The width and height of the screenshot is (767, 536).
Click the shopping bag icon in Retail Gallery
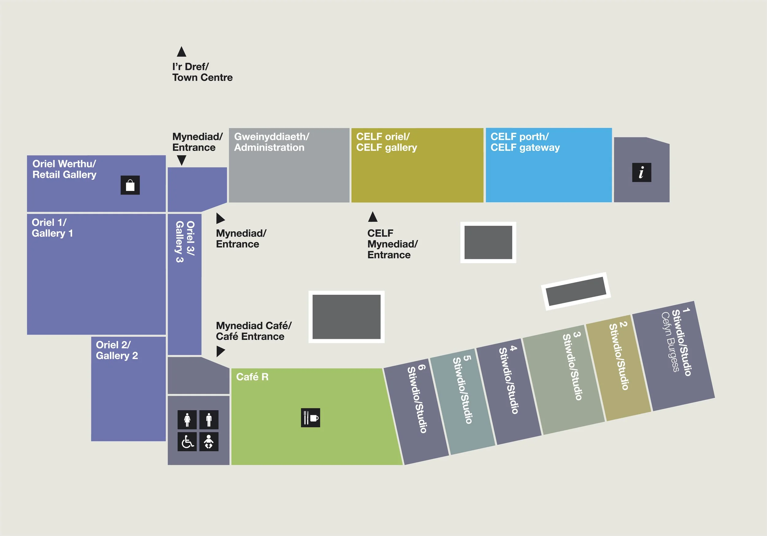(x=130, y=185)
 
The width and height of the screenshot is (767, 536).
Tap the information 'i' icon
(x=642, y=172)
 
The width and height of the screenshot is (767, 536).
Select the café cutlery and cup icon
(x=310, y=417)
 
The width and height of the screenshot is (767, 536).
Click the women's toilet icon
(x=187, y=419)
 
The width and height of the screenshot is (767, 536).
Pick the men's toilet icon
(x=209, y=419)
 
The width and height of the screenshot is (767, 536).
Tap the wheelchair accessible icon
(x=187, y=442)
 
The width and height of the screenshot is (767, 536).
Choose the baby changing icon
(x=209, y=442)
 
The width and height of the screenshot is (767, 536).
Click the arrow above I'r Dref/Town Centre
(x=181, y=52)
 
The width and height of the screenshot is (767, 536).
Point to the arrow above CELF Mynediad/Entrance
(x=372, y=217)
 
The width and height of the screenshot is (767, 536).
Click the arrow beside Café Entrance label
(x=221, y=351)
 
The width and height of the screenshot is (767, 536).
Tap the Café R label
(x=252, y=377)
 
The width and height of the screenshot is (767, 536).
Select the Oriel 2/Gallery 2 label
(x=117, y=350)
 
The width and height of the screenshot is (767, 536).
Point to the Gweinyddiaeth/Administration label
(x=271, y=142)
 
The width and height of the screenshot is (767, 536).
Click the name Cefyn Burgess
(x=670, y=342)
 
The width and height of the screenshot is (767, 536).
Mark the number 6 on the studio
(x=422, y=367)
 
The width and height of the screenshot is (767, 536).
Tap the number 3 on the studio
(x=577, y=334)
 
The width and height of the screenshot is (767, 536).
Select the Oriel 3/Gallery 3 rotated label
(x=185, y=241)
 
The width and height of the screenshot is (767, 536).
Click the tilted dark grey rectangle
(x=576, y=291)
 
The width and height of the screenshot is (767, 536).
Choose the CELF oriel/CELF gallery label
(x=387, y=142)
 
